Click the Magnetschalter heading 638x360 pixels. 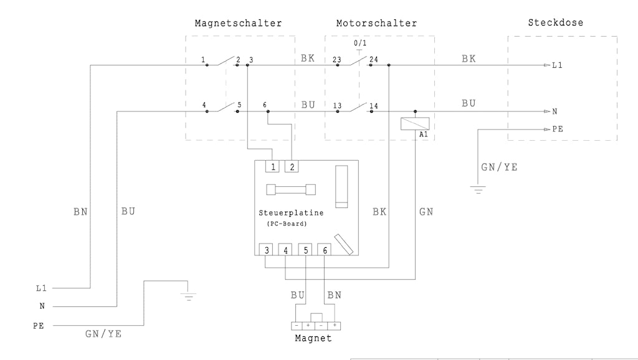pos(238,24)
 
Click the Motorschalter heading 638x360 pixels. pos(376,24)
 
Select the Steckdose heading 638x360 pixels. pos(556,22)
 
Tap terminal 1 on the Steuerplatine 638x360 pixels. pos(273,166)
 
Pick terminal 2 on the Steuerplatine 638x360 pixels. pos(292,166)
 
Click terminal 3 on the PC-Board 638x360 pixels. pos(266,250)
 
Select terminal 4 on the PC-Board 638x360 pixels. pos(285,250)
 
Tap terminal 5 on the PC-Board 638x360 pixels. pos(305,250)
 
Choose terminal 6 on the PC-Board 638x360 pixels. pos(325,250)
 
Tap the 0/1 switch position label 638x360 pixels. pos(359,43)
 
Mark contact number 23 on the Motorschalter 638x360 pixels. pos(336,60)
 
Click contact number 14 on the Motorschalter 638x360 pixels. pos(374,105)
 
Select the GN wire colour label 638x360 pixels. pos(426,212)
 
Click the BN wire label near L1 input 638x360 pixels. pos(80,212)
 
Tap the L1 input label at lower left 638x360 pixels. pos(41,288)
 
